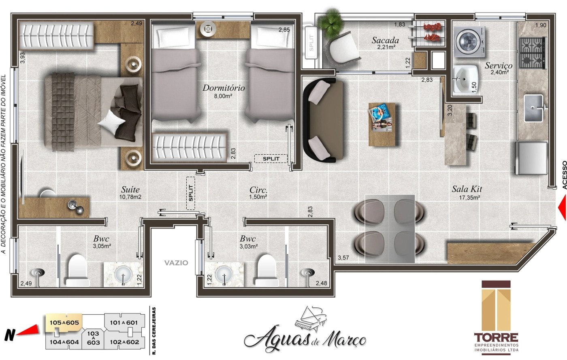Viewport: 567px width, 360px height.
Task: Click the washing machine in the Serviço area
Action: point(470,42)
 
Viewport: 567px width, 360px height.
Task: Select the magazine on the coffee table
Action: point(381,118)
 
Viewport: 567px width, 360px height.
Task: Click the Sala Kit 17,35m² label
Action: point(467,193)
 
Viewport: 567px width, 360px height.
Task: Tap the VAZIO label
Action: point(176,262)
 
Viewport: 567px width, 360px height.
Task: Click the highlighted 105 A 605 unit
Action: point(64,322)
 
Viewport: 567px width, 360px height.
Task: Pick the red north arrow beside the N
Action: point(29,331)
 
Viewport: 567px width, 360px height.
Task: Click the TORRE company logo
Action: point(496,316)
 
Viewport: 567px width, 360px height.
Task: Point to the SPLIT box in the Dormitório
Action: point(271,158)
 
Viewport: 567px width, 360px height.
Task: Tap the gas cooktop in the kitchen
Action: point(531,53)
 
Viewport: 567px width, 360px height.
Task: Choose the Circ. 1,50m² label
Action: point(258,193)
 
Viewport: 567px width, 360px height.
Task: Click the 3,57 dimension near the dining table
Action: point(343,258)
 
